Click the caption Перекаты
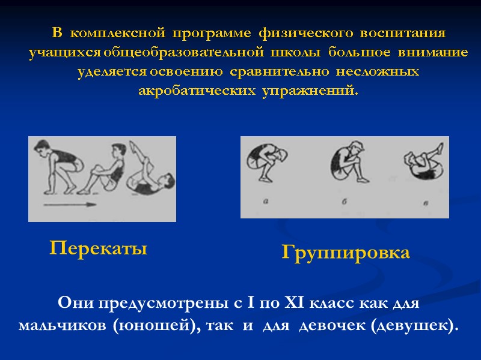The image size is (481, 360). click(98, 248)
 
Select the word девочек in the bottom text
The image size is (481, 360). click(332, 326)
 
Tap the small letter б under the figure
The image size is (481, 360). click(345, 202)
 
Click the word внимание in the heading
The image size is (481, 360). click(432, 53)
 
